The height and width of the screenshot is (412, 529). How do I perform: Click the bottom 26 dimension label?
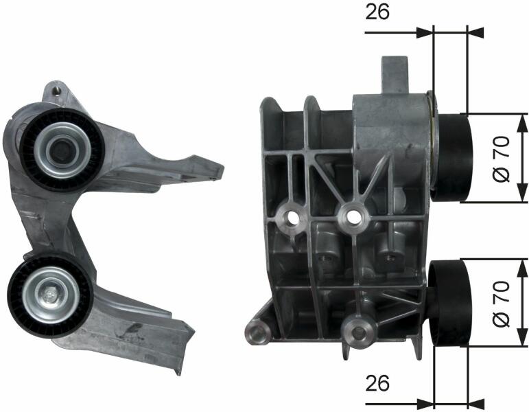pos(377,383)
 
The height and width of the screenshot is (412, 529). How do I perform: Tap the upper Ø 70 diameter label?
pos(502,159)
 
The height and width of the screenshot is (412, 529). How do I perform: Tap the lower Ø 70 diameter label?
pos(502,304)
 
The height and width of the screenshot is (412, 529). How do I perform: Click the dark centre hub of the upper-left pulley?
pos(62,150)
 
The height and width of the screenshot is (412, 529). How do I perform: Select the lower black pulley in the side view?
pos(449,304)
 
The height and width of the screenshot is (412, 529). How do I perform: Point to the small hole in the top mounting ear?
pos(58,91)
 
